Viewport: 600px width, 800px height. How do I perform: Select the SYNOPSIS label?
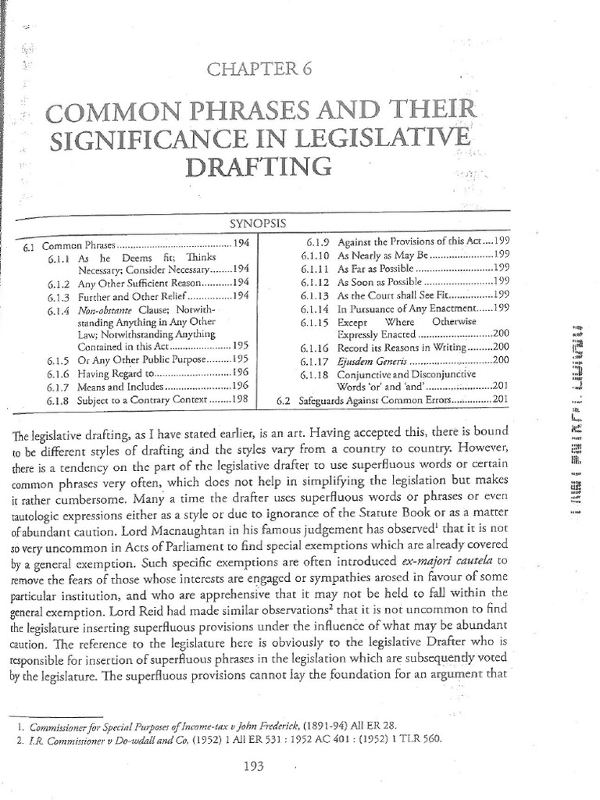click(259, 223)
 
